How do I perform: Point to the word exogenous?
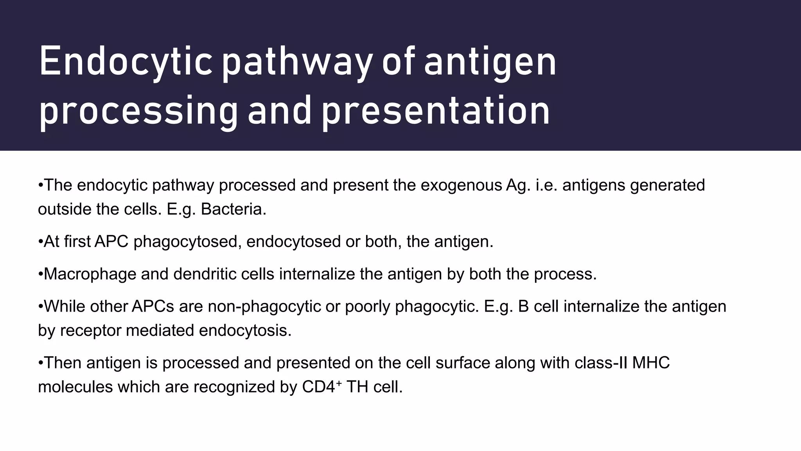(461, 185)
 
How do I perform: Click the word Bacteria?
(233, 209)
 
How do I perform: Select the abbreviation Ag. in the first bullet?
(518, 185)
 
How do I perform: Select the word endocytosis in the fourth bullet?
(245, 330)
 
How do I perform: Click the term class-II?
(601, 363)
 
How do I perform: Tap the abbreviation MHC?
(651, 363)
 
